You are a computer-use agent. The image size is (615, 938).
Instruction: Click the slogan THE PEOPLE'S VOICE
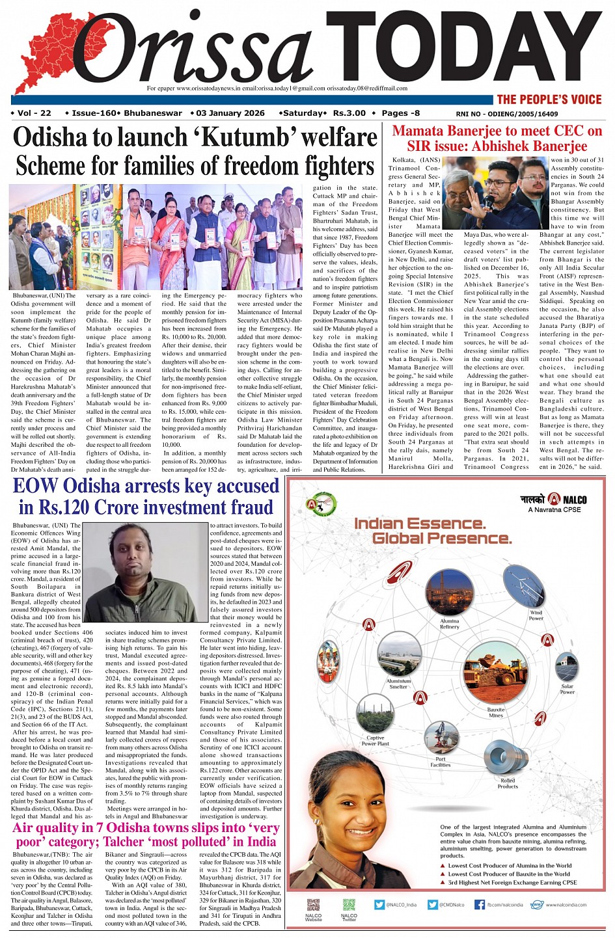tap(549, 100)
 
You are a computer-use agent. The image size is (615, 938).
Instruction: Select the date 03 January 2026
tap(230, 113)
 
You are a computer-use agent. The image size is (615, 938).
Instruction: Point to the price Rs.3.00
tap(349, 113)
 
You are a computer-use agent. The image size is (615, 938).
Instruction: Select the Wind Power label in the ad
tap(536, 615)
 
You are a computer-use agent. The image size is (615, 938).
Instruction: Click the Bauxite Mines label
tap(496, 712)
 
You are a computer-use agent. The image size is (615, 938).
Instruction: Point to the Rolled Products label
tap(508, 783)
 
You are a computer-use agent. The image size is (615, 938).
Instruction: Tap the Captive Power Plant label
tap(375, 740)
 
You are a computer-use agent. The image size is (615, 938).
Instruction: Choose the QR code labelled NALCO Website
tap(313, 905)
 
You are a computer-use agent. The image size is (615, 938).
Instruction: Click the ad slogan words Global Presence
tap(442, 539)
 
